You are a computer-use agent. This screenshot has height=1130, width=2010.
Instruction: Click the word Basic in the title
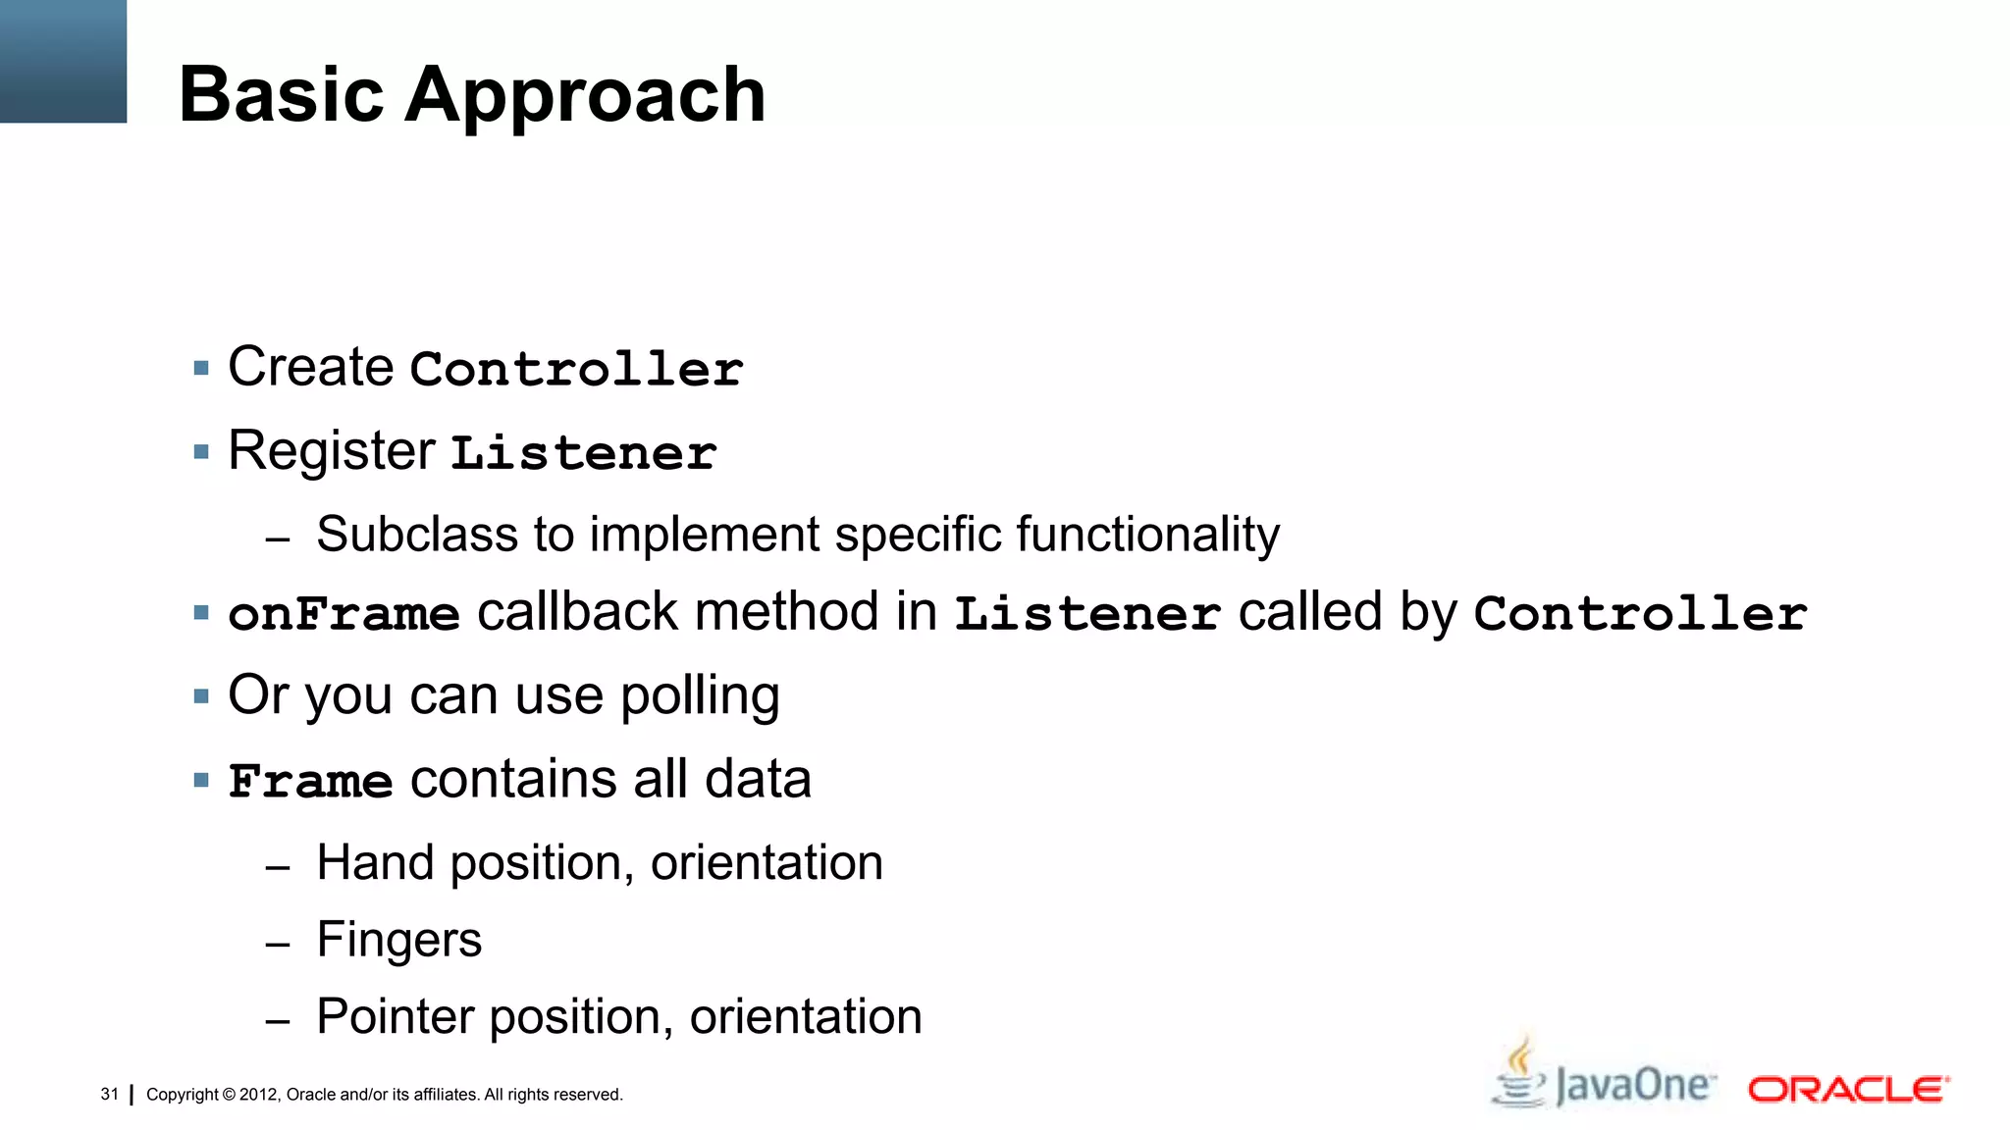tap(281, 94)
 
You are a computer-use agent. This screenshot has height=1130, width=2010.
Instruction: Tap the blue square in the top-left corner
tap(63, 61)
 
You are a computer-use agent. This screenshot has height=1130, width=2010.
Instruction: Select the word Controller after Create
tap(576, 370)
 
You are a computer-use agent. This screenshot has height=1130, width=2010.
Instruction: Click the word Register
tap(331, 453)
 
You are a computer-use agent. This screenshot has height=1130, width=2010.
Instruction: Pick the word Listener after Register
tap(583, 453)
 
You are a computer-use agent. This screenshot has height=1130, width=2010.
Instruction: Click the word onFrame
tap(344, 615)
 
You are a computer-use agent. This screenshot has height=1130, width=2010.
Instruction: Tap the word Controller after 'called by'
tap(1639, 615)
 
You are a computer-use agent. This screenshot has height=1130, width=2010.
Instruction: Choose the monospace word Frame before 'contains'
tap(310, 782)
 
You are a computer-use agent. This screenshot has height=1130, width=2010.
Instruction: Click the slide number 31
tap(109, 1095)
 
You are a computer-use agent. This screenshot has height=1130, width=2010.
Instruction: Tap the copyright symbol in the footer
tap(229, 1095)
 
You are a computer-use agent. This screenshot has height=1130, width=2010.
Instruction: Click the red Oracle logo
tap(1848, 1090)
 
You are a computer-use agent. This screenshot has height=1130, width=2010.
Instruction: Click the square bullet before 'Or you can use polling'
tap(202, 696)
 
